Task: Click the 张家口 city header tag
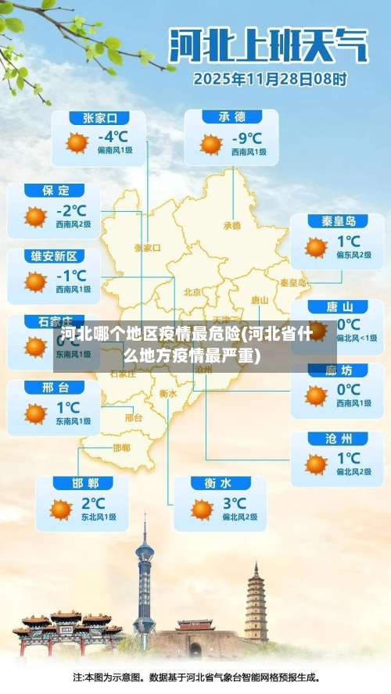pyautogui.click(x=100, y=118)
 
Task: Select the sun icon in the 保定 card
pyautogui.click(x=35, y=216)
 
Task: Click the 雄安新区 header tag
pyautogui.click(x=54, y=256)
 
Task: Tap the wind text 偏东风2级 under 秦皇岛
pyautogui.click(x=353, y=255)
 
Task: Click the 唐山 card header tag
pyautogui.click(x=337, y=307)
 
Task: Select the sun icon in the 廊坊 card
pyautogui.click(x=316, y=395)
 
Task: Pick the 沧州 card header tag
pyautogui.click(x=338, y=438)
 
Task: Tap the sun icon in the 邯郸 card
pyautogui.click(x=61, y=509)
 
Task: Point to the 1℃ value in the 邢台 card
pyautogui.click(x=68, y=407)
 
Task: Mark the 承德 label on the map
pyautogui.click(x=232, y=225)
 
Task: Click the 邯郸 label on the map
pyautogui.click(x=121, y=448)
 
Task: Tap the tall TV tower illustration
pyautogui.click(x=144, y=582)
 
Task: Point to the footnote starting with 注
pyautogui.click(x=195, y=678)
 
